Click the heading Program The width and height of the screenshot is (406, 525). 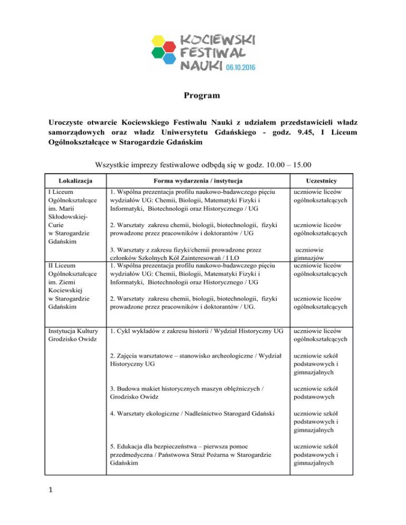[x=202, y=96]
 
